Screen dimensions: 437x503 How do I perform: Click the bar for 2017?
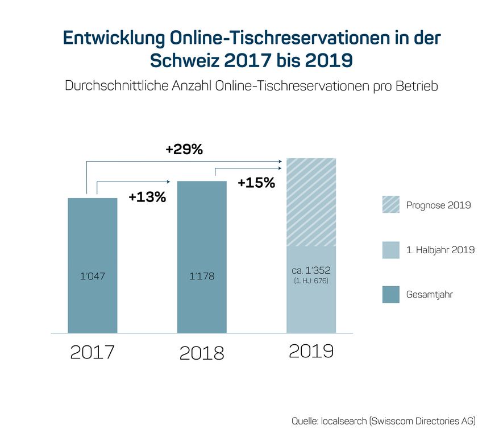(x=92, y=245)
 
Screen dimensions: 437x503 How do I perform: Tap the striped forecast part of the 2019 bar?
(x=311, y=202)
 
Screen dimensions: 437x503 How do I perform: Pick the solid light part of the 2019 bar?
(x=311, y=307)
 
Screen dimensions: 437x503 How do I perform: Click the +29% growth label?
(x=184, y=150)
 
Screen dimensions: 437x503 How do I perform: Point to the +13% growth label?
(x=147, y=197)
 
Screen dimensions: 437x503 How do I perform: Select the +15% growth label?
(x=256, y=183)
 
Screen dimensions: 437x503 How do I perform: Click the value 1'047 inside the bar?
(x=92, y=277)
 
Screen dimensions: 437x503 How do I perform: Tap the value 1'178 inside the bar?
(x=202, y=277)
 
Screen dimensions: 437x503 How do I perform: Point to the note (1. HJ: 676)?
(x=311, y=281)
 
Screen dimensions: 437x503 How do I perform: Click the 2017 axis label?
(x=92, y=352)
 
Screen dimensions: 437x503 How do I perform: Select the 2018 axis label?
(x=202, y=353)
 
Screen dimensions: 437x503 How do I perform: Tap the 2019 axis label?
(x=311, y=351)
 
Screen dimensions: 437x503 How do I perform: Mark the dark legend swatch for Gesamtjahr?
(x=390, y=294)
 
